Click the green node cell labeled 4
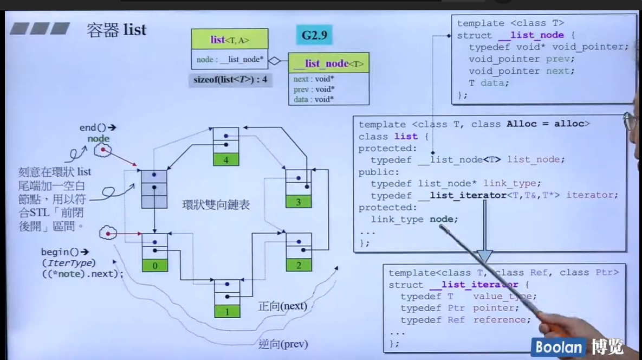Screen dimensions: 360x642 225,160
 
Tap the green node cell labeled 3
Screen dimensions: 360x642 299,202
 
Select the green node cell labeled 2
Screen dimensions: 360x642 299,265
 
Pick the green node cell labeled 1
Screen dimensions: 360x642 227,312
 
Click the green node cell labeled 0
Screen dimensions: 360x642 154,266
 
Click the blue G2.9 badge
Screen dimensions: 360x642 314,36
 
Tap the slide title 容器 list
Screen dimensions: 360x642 116,29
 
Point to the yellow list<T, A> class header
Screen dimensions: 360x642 230,40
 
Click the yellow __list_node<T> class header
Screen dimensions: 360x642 328,63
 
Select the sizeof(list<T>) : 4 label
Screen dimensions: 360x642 231,80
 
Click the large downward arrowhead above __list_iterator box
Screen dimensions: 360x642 484,255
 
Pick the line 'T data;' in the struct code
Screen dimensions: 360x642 489,83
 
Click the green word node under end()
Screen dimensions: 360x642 98,139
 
